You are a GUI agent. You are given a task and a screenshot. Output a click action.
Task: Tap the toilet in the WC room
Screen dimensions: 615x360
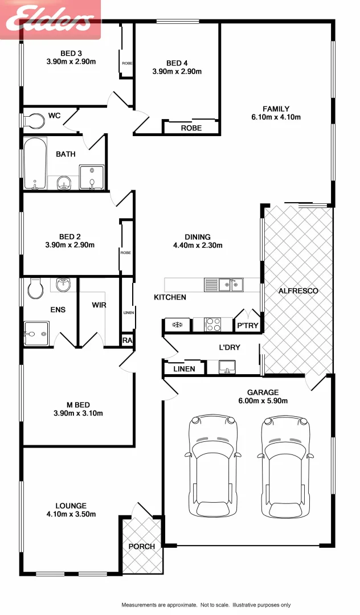pos(35,121)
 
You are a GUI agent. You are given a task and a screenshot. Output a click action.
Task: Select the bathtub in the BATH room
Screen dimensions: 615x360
pos(35,163)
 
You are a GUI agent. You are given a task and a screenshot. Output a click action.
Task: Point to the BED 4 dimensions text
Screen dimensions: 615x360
pos(177,72)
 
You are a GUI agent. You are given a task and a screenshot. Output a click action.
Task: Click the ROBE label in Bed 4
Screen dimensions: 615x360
pos(191,128)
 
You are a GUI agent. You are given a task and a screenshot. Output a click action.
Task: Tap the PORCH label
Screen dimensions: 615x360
pos(141,546)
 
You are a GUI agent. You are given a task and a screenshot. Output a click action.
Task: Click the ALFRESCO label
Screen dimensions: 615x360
pos(298,291)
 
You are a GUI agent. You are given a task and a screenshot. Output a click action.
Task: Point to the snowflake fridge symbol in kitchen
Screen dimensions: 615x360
pos(177,325)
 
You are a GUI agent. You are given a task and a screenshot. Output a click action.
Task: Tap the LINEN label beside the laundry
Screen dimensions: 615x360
pos(183,369)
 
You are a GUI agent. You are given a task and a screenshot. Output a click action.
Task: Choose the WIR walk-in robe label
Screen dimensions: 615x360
pos(99,305)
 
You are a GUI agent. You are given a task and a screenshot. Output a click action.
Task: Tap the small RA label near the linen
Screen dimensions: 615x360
pos(127,340)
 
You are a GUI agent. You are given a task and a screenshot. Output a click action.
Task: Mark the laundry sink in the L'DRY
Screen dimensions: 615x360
pos(227,367)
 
